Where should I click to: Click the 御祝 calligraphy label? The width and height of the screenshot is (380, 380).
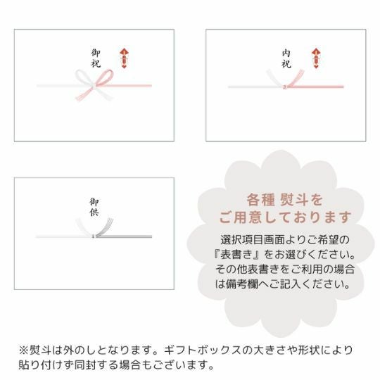96,58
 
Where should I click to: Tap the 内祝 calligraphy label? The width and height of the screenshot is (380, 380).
286,58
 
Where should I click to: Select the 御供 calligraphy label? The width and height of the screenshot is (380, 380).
94,207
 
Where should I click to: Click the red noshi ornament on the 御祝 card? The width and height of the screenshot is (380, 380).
124,58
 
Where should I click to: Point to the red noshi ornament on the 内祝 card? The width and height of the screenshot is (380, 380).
316,58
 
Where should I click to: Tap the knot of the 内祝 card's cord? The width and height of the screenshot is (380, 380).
285,87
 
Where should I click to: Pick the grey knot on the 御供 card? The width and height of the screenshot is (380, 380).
94,236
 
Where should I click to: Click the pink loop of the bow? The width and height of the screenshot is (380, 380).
104,77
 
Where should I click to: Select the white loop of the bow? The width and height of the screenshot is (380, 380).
84,77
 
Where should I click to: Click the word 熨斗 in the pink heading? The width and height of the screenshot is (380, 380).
293,200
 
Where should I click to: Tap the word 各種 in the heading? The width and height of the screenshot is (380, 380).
260,200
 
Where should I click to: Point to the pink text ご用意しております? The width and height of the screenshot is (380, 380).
285,217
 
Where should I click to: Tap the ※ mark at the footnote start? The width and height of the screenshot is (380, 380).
24,350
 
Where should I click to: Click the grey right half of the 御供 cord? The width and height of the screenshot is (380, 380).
124,236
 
